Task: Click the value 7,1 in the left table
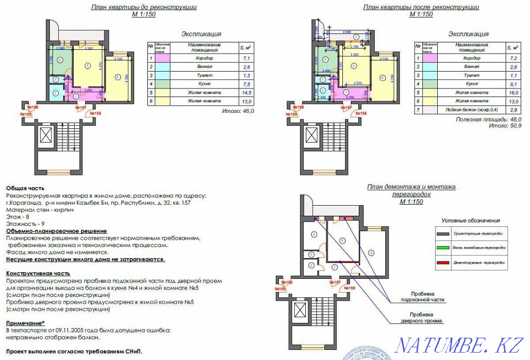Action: (x=245, y=57)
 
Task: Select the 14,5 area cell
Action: (x=245, y=92)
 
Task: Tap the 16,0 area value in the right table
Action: (x=512, y=92)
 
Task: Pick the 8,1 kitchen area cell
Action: (x=512, y=83)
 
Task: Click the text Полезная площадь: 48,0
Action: (x=489, y=120)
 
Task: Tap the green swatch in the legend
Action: (x=443, y=248)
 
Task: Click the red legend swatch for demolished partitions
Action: (x=443, y=262)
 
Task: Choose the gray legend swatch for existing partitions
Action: (x=443, y=233)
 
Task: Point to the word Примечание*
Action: (x=25, y=323)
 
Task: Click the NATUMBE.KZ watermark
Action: (x=458, y=345)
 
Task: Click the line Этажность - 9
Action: (x=24, y=224)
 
